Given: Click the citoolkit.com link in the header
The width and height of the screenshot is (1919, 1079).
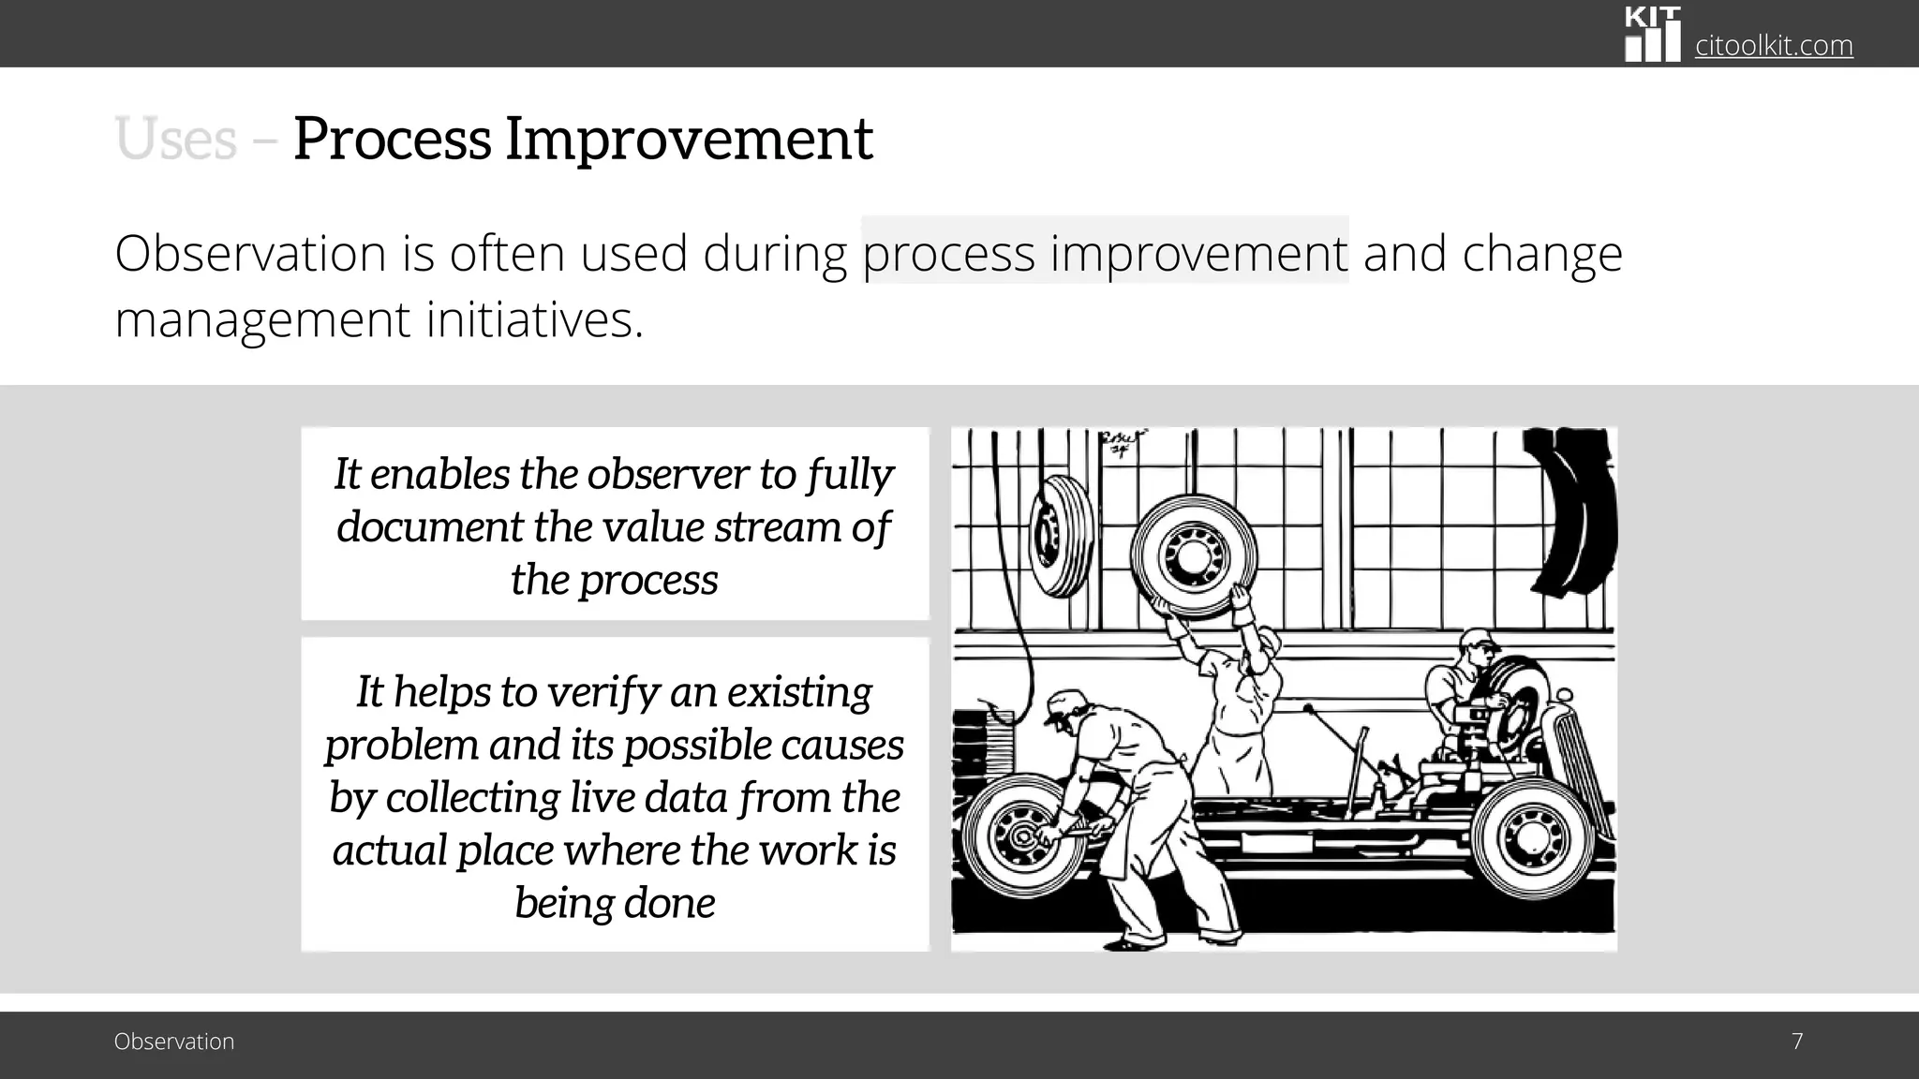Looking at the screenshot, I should [1773, 45].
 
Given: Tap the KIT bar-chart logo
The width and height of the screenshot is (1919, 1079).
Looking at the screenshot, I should [1652, 36].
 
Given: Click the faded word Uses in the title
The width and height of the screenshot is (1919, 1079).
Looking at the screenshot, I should [175, 140].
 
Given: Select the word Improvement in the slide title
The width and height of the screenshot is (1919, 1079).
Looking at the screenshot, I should [689, 140].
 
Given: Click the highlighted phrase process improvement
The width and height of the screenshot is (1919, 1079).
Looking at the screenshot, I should [1104, 253].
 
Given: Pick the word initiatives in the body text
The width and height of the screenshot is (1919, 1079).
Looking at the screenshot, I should [534, 320].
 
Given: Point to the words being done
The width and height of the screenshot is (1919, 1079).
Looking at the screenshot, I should [615, 903].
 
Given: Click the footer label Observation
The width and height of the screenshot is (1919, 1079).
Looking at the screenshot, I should [174, 1042].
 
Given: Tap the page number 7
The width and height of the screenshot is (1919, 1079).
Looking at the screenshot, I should [1796, 1042].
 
